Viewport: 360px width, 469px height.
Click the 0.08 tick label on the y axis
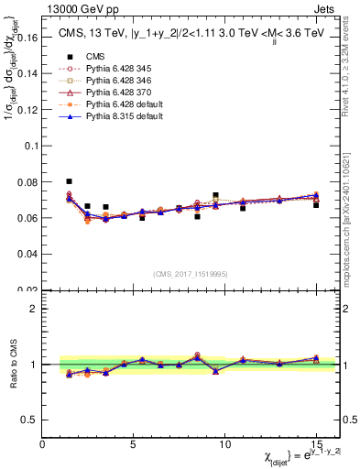coord(27,181)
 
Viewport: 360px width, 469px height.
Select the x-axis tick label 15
coord(316,445)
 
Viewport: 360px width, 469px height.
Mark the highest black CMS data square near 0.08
coord(70,181)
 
